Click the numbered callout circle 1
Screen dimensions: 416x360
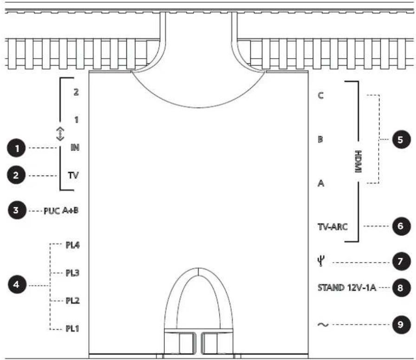point(16,148)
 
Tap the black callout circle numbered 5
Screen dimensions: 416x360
point(401,139)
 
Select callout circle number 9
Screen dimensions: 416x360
point(401,324)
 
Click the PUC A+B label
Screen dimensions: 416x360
point(61,210)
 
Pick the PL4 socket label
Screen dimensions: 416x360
point(72,245)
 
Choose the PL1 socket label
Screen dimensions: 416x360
point(72,329)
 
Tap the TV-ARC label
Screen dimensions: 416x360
point(332,227)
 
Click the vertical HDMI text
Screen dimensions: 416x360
point(358,161)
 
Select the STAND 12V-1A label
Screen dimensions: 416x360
point(347,288)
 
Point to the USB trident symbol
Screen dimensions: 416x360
point(320,261)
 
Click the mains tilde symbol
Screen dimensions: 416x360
point(323,324)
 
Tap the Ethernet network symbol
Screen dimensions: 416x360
point(60,134)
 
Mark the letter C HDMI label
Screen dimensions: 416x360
point(320,95)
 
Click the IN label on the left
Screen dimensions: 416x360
point(75,147)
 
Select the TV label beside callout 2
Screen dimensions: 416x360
point(73,175)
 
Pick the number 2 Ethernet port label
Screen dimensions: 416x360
point(76,92)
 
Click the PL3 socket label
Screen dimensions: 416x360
point(72,273)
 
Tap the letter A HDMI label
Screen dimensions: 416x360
point(321,183)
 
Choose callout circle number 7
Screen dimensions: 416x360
point(401,262)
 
